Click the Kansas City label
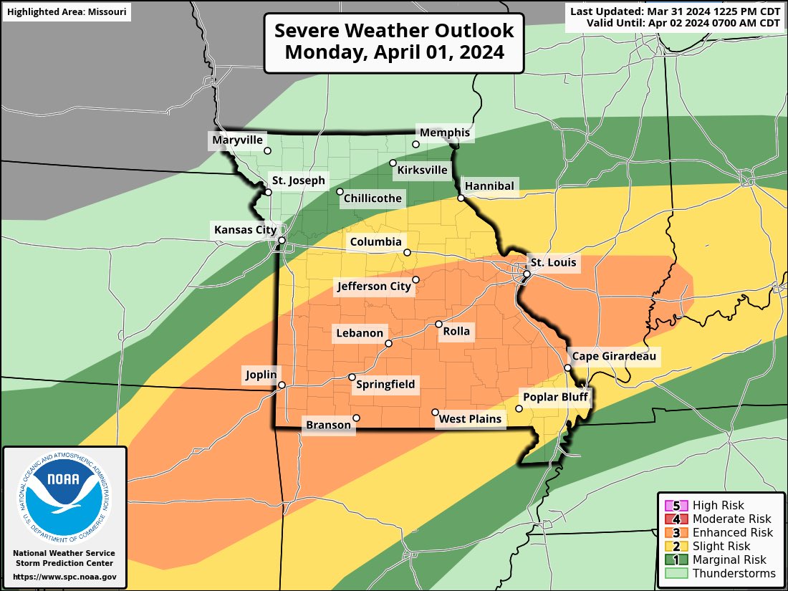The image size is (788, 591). pos(245,229)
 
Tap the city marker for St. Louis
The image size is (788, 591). pos(527,274)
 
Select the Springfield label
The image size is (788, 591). pos(385,385)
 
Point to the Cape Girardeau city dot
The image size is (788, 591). pos(567,367)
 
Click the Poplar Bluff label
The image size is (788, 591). pos(555,397)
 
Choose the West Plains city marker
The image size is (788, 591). pos(435,412)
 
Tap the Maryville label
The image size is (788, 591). pos(238,140)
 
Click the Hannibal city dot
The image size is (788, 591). pos(461,198)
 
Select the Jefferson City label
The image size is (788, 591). pos(374,287)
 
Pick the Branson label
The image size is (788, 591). pos(329,425)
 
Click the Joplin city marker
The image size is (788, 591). pos(282,385)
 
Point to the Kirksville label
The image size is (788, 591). pos(422,170)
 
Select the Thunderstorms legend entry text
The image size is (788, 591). pos(734,573)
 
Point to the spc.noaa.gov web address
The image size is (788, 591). pos(64,577)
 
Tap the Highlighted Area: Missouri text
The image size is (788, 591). pos(66,11)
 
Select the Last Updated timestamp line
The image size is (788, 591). pos(675,11)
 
